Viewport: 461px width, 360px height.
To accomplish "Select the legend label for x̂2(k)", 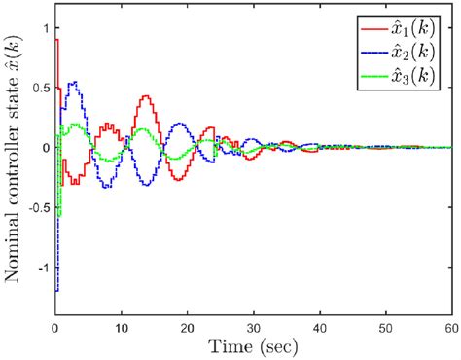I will pos(420,50).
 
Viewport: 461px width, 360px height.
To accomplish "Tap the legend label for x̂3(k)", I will pos(420,74).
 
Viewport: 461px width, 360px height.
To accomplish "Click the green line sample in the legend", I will pos(374,74).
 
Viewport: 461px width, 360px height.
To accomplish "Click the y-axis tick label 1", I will pos(43,28).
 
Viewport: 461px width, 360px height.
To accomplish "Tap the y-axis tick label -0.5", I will pos(34,206).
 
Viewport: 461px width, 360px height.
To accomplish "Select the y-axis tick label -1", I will pos(40,266).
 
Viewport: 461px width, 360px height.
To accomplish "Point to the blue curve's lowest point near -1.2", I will pos(56,289).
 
